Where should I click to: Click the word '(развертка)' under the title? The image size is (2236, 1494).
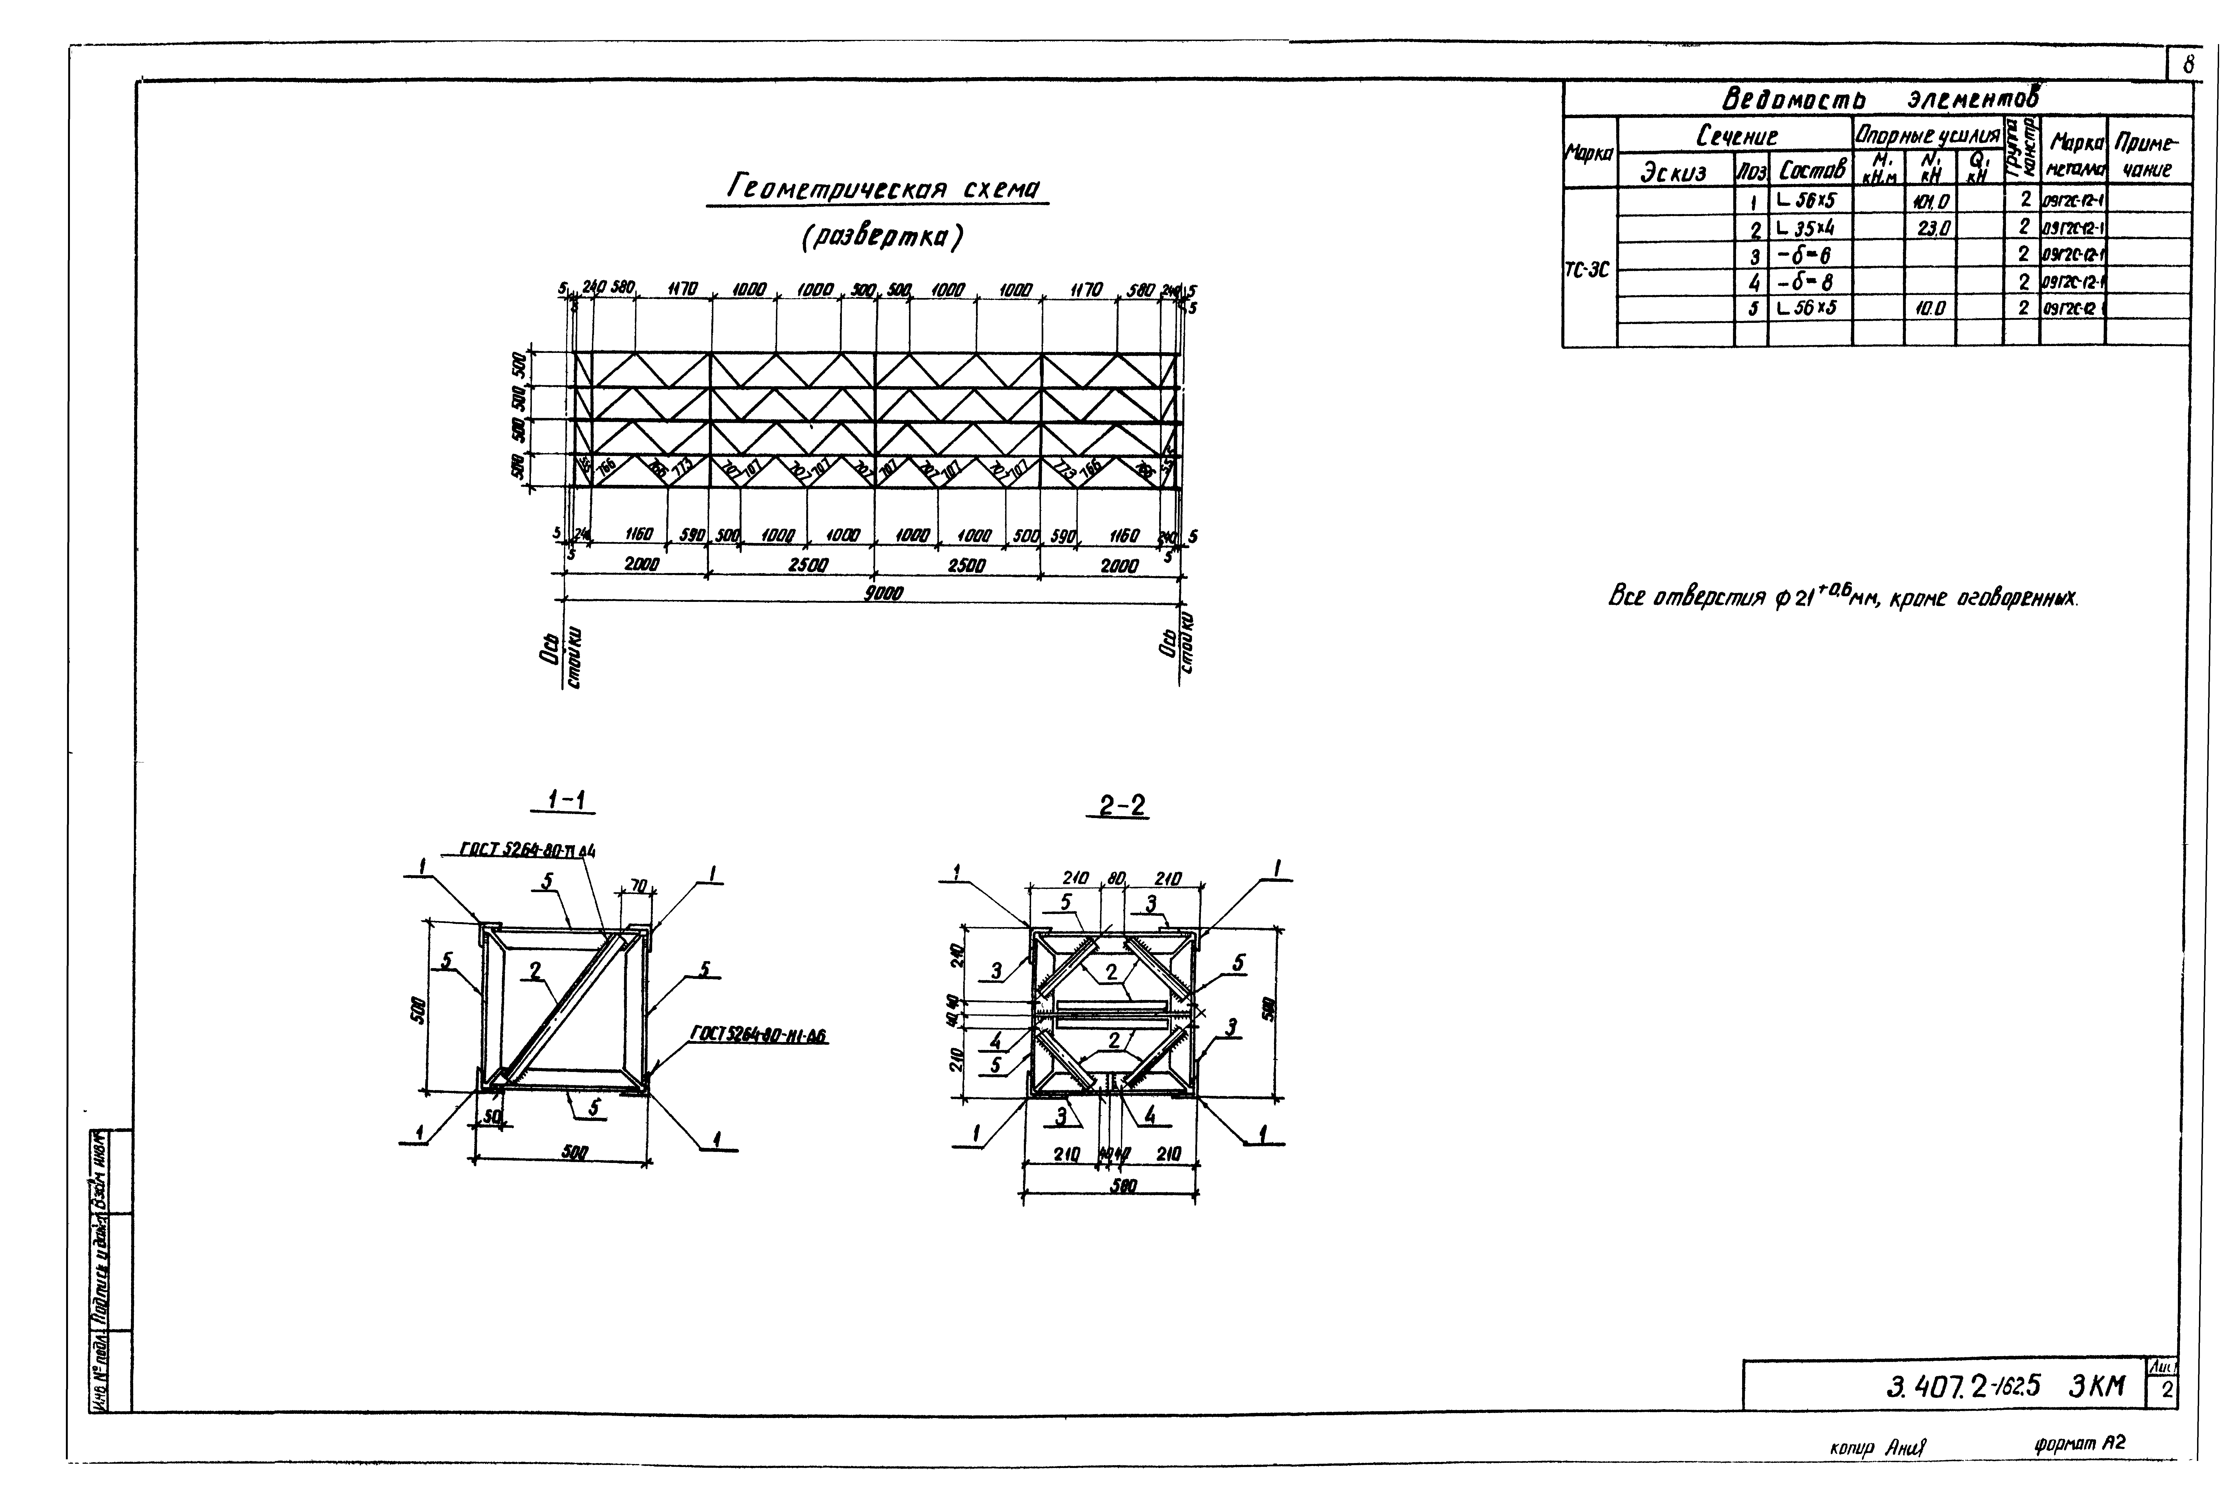pos(881,238)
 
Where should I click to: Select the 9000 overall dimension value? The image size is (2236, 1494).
pos(883,593)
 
